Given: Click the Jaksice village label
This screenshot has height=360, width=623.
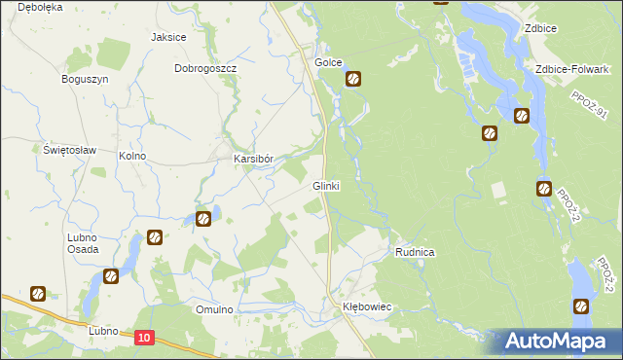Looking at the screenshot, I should click(168, 37).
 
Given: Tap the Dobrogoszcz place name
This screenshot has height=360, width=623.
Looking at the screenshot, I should click(205, 69).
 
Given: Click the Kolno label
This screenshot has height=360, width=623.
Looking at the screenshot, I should click(131, 156).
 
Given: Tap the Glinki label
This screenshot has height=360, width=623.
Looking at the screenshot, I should click(325, 186).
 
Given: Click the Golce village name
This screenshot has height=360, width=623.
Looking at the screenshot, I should click(328, 62).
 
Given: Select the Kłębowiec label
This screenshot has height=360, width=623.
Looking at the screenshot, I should click(366, 306).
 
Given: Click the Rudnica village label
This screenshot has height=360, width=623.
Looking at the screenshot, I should click(415, 252).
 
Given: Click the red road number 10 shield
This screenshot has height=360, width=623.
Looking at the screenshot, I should click(144, 337).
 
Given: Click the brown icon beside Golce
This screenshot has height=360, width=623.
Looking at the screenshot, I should click(354, 80).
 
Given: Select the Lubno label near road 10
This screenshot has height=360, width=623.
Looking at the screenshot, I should click(102, 331).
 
